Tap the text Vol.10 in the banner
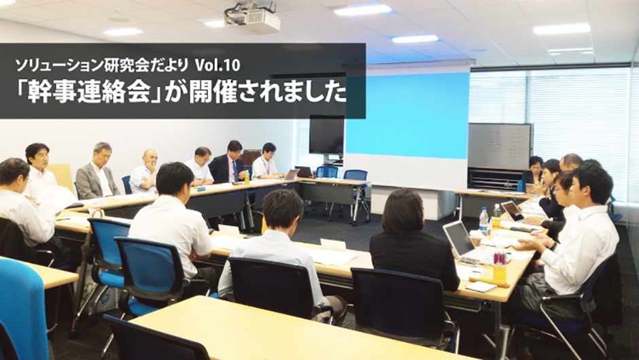pyautogui.click(x=218, y=65)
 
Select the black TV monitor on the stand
pyautogui.click(x=326, y=135)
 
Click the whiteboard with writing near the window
pyautogui.click(x=500, y=146)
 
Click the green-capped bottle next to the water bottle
pyautogui.click(x=496, y=216)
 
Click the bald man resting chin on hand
pyautogui.click(x=144, y=171)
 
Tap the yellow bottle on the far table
pyautogui.click(x=247, y=177)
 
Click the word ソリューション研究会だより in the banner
pyautogui.click(x=102, y=65)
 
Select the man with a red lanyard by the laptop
pyautogui.click(x=266, y=162)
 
